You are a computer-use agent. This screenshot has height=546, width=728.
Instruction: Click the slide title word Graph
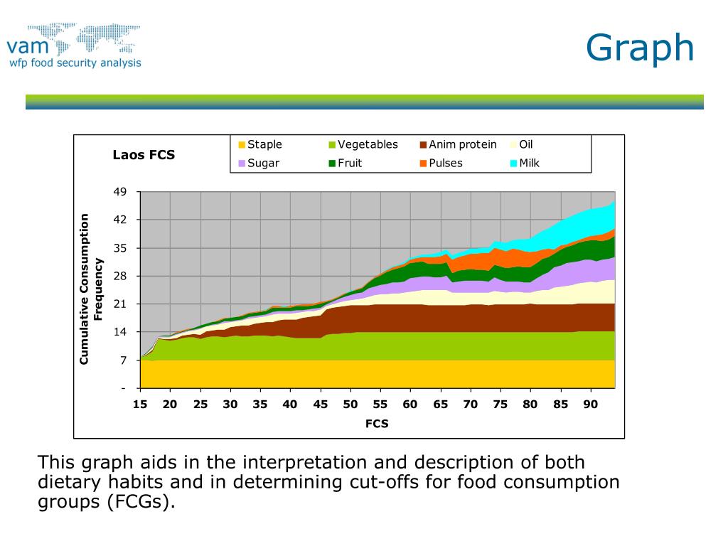pyautogui.click(x=640, y=48)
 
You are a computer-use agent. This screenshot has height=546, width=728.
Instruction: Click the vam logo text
pyautogui.click(x=28, y=46)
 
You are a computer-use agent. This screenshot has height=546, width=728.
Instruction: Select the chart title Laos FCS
pyautogui.click(x=144, y=154)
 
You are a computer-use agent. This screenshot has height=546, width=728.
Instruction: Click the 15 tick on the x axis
pyautogui.click(x=140, y=405)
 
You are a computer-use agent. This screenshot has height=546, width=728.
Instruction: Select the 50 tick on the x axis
pyautogui.click(x=350, y=405)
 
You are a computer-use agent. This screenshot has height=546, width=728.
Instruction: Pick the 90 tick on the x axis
pyautogui.click(x=590, y=405)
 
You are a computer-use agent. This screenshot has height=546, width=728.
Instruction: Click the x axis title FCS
pyautogui.click(x=377, y=424)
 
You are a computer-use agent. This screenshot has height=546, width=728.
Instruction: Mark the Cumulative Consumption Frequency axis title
pyautogui.click(x=91, y=289)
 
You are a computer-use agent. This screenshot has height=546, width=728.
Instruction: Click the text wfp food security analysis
pyautogui.click(x=75, y=63)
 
